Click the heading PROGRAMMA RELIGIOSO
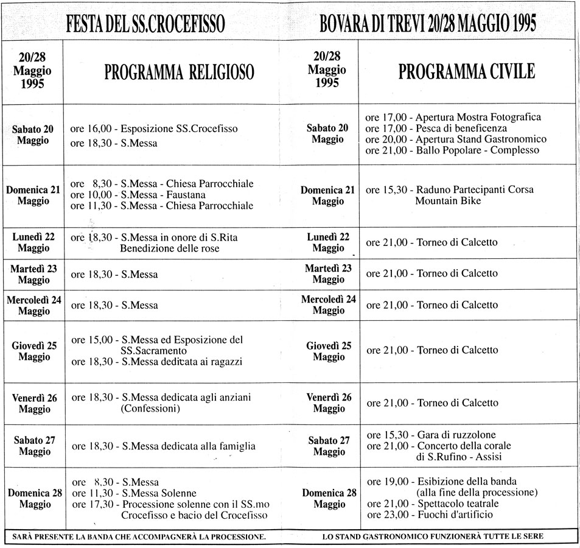179,73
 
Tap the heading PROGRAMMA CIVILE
467,72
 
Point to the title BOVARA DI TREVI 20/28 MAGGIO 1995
427,25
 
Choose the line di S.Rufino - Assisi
459,457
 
